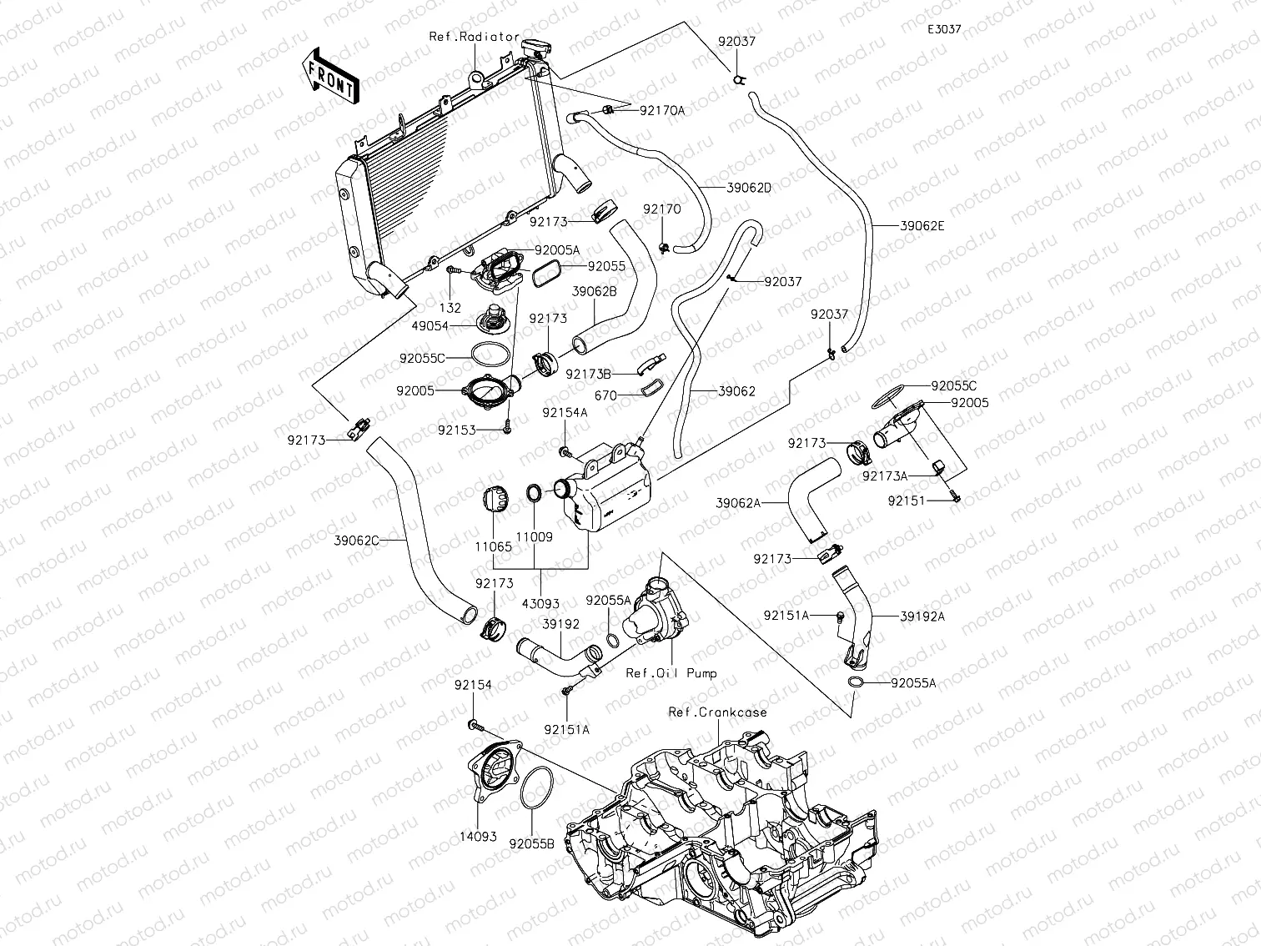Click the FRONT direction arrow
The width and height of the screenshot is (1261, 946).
click(329, 75)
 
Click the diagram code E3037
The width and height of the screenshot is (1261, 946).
click(944, 29)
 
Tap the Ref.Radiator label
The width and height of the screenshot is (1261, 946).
click(474, 37)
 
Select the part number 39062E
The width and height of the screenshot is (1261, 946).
click(923, 225)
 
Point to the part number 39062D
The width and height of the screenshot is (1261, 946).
click(748, 188)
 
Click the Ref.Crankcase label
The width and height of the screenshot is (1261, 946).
click(717, 712)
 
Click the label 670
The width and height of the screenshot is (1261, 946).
click(605, 396)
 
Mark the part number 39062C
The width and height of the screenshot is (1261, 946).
click(356, 541)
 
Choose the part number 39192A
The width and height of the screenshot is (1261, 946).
click(922, 616)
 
